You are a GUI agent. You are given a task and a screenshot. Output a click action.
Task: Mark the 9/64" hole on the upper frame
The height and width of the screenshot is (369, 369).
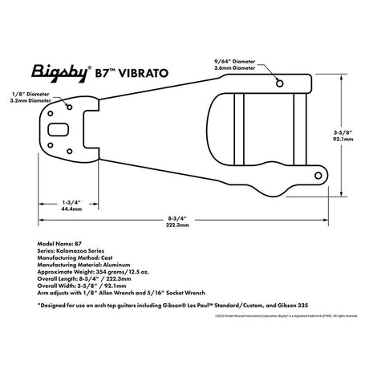278,83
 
